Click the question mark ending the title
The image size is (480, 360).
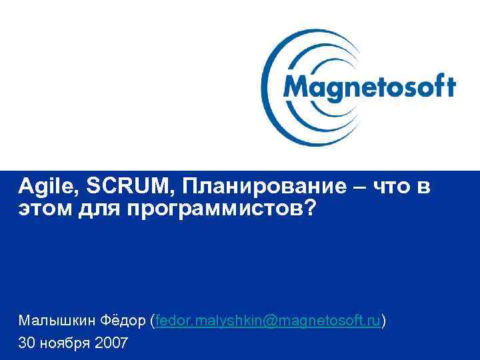(309, 209)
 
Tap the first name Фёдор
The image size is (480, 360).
(125, 321)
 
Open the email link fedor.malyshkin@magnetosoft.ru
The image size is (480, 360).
(268, 321)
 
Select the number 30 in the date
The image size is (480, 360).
(27, 343)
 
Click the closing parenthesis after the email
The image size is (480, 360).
(383, 321)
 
